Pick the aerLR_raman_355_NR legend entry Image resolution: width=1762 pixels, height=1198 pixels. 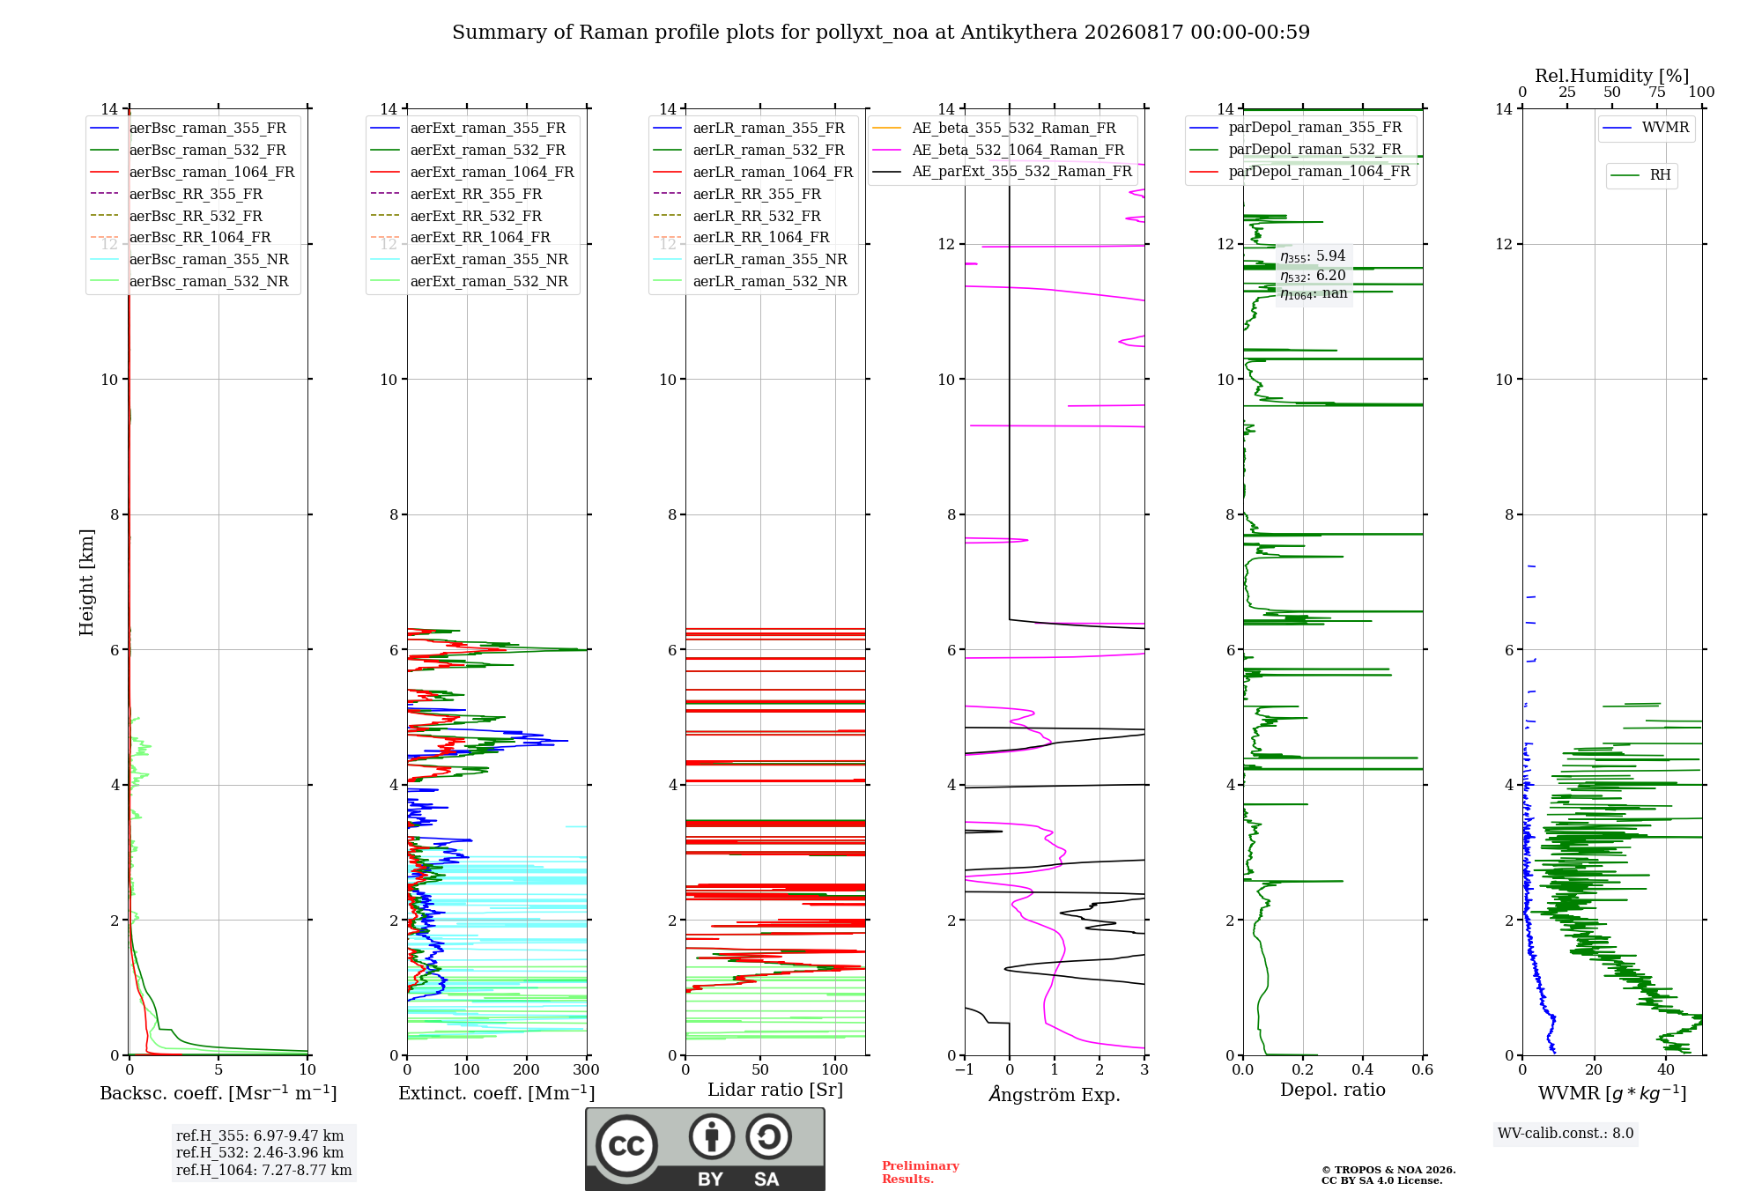[750, 259]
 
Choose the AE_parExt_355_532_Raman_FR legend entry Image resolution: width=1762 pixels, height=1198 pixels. [1002, 171]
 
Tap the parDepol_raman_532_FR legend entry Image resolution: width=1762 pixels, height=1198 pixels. [1295, 150]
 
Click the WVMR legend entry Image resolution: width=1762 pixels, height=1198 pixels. [1646, 128]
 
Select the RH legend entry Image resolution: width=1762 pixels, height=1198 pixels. [1640, 175]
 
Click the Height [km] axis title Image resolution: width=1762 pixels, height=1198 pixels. [86, 582]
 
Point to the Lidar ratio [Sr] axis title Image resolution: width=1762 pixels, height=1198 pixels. [775, 1090]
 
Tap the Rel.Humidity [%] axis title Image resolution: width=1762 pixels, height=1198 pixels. [1612, 76]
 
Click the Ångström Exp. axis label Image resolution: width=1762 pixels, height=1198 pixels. [1055, 1094]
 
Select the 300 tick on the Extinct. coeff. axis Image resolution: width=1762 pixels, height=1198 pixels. [587, 1069]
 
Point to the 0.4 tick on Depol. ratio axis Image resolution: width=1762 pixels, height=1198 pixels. [1363, 1069]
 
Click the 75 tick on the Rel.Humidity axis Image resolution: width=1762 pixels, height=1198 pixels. [1657, 92]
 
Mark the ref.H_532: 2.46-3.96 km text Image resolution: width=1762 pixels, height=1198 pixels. [260, 1152]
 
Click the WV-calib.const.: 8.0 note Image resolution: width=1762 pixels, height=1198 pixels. [1566, 1133]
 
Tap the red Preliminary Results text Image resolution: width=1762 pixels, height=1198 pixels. [921, 1172]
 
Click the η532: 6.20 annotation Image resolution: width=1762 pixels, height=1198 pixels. [1313, 276]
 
